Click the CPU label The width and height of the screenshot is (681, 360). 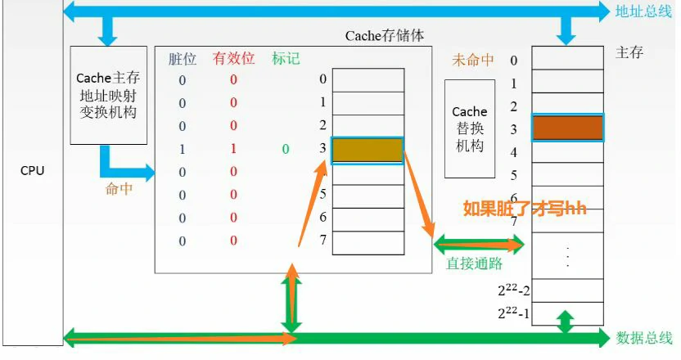(33, 171)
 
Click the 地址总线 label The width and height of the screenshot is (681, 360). (643, 11)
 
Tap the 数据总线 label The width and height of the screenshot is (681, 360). (643, 337)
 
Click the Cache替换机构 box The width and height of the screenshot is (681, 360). (469, 128)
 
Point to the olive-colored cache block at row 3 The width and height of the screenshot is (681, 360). (368, 150)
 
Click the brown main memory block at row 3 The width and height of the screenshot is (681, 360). (567, 128)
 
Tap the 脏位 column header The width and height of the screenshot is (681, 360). (182, 59)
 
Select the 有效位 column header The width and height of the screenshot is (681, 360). (233, 59)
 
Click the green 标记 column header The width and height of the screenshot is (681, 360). (286, 59)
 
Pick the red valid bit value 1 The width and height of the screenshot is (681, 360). (233, 150)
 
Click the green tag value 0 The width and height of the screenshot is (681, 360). (285, 150)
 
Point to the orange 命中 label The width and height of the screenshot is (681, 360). (120, 189)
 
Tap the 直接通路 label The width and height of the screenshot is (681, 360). (474, 263)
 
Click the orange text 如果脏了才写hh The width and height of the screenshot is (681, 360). (525, 208)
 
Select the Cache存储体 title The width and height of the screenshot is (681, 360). (385, 37)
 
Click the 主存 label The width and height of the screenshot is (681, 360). (629, 52)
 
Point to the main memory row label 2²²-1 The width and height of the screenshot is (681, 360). (512, 313)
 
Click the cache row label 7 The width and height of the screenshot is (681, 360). (323, 240)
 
